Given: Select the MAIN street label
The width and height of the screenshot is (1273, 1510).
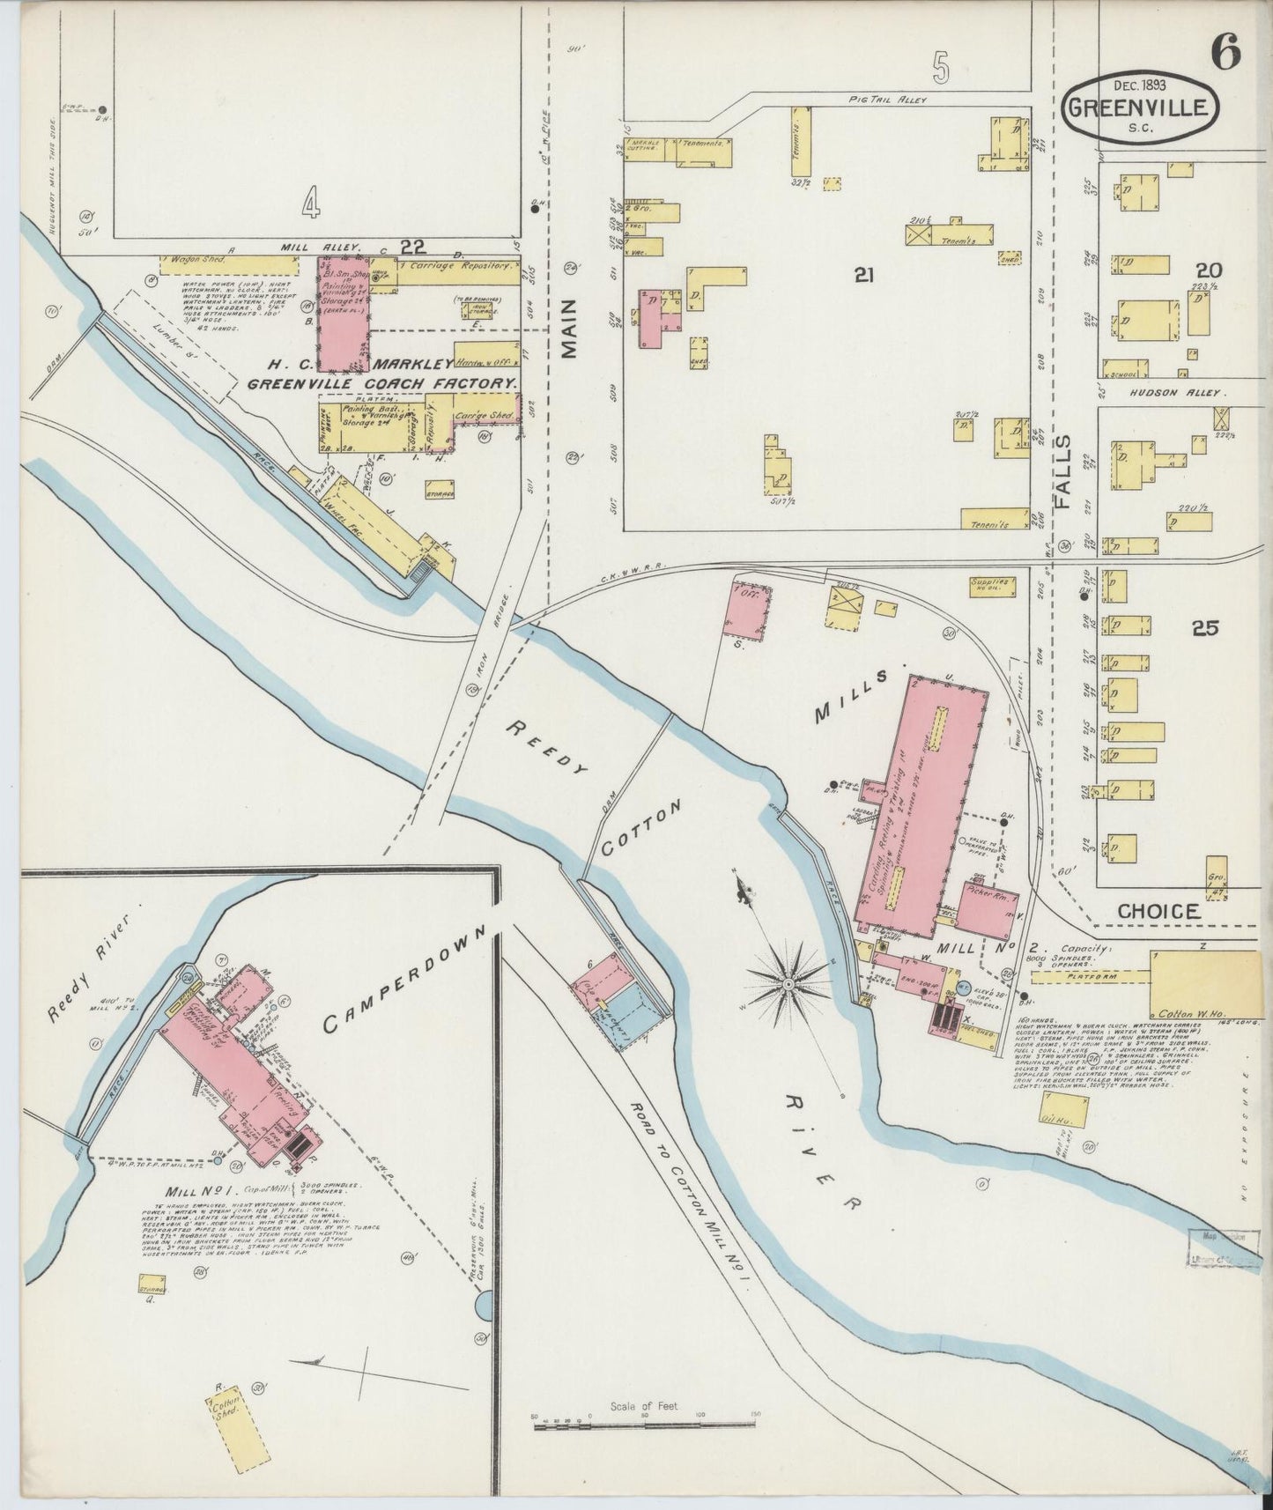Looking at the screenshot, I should click(570, 329).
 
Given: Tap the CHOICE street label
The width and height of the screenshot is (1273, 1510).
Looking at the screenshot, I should click(1158, 912).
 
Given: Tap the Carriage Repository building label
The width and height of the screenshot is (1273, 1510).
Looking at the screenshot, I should click(467, 265).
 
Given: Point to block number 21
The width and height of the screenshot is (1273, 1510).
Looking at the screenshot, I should click(863, 276).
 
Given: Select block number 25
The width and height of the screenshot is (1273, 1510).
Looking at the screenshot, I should click(1204, 628).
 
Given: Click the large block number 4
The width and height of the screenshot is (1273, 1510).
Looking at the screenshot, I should click(309, 204).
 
